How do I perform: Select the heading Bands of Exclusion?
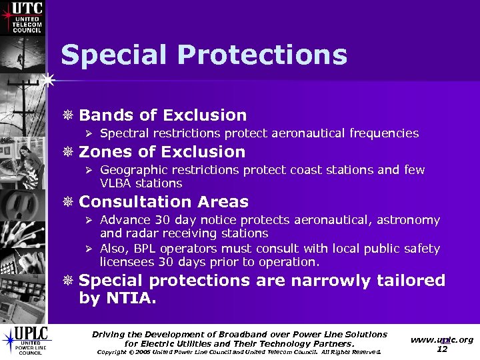coord(163,115)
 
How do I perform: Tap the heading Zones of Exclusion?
coord(162,152)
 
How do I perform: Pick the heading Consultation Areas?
coord(163,202)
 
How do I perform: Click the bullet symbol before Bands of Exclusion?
coord(69,116)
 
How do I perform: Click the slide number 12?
coord(442,349)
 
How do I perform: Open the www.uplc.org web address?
coord(442,339)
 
